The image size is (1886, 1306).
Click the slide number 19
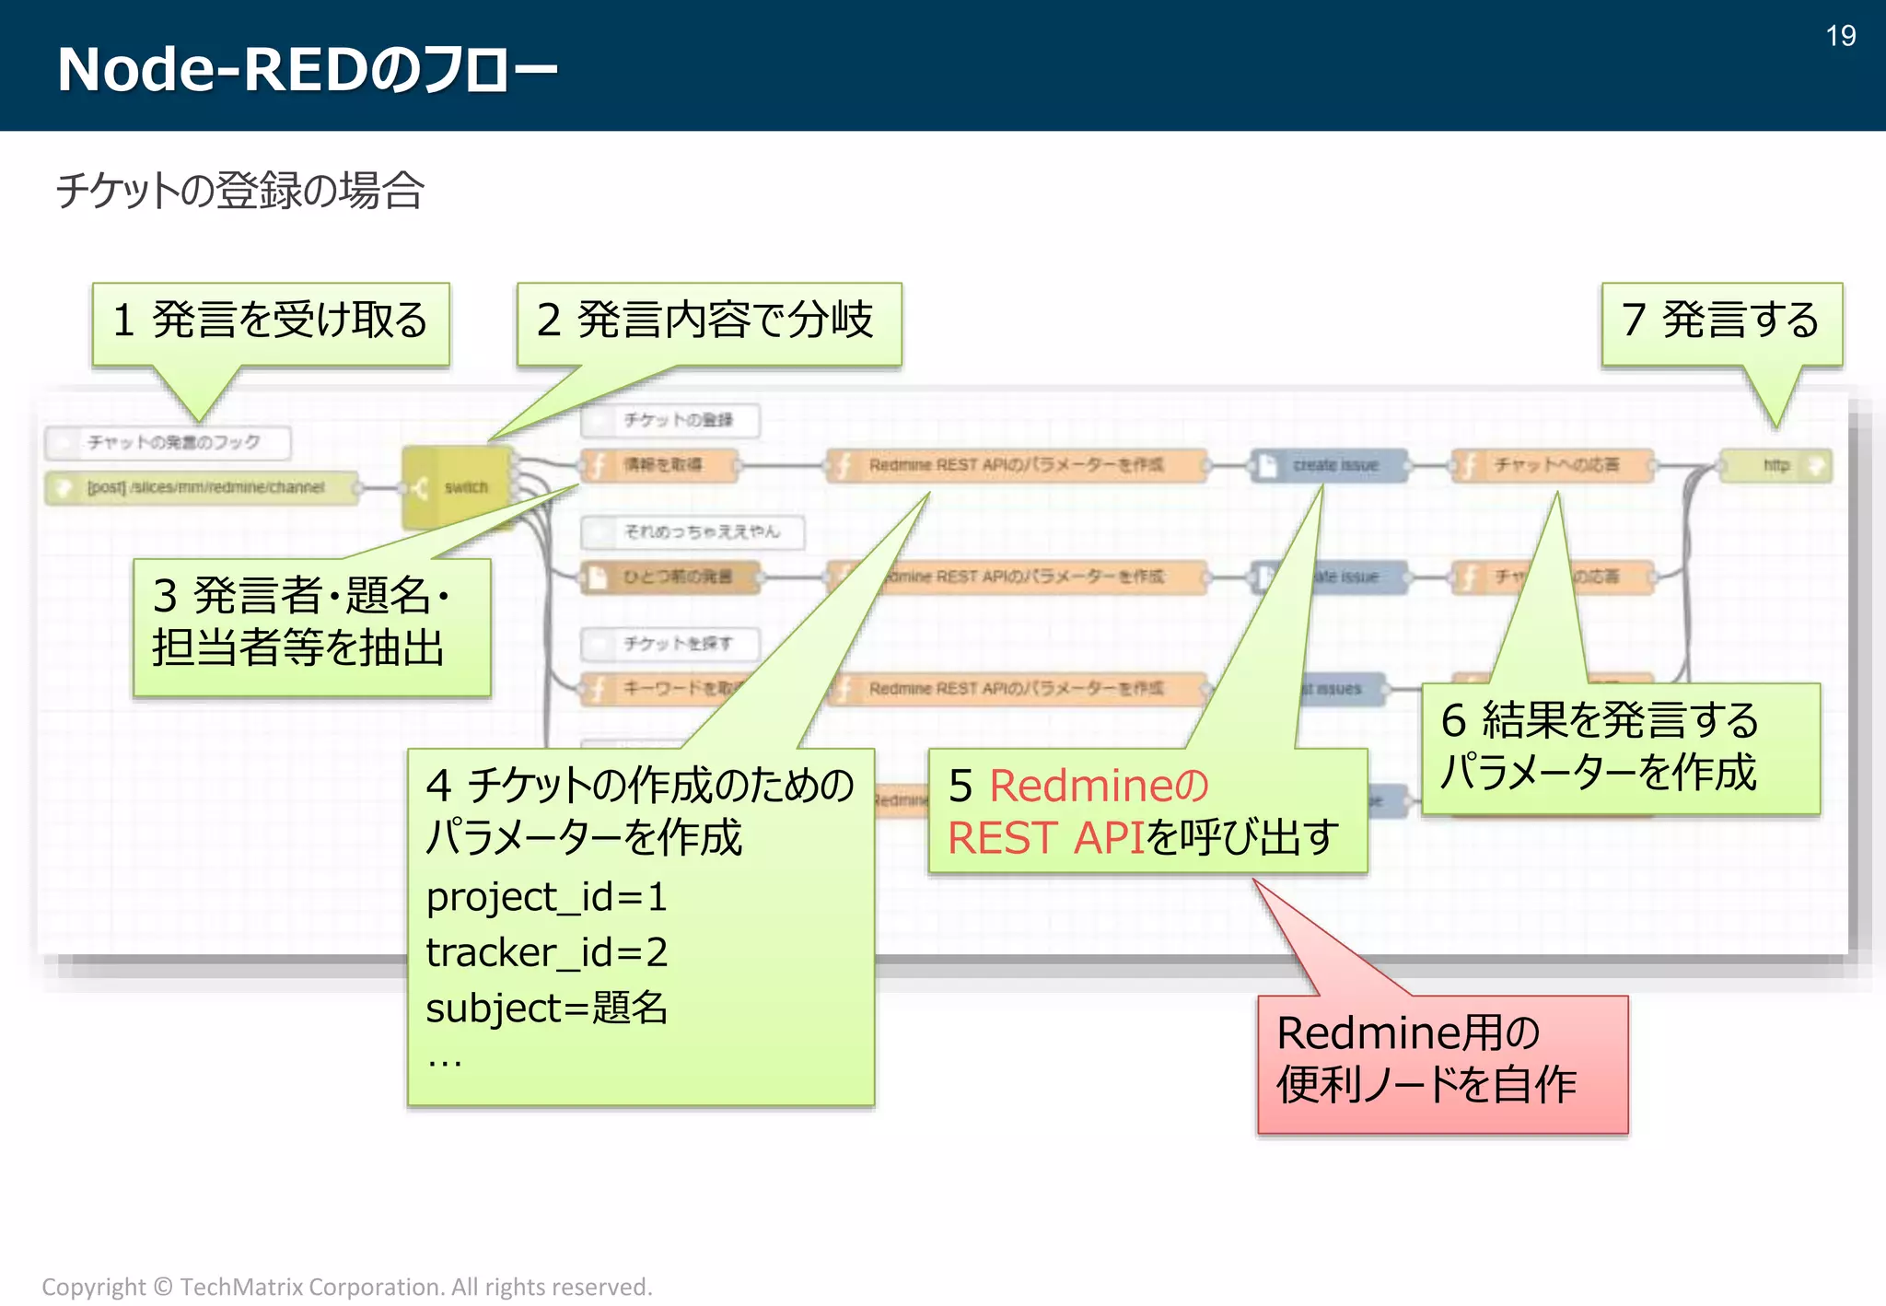[1840, 36]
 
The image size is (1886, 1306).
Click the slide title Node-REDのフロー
[307, 69]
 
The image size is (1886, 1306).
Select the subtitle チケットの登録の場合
[239, 191]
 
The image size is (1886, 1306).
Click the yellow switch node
[458, 486]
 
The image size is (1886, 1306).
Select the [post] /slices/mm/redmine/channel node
[203, 487]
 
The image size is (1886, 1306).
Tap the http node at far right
[1775, 465]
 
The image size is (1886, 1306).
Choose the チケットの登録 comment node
[670, 420]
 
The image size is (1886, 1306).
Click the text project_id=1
[546, 897]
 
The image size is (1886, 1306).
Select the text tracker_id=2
[546, 952]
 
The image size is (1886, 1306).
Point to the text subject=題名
[546, 1008]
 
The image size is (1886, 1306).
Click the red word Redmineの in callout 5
[1098, 787]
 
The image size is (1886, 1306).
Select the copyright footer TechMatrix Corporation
[346, 1287]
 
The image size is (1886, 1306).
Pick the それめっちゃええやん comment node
[693, 532]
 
